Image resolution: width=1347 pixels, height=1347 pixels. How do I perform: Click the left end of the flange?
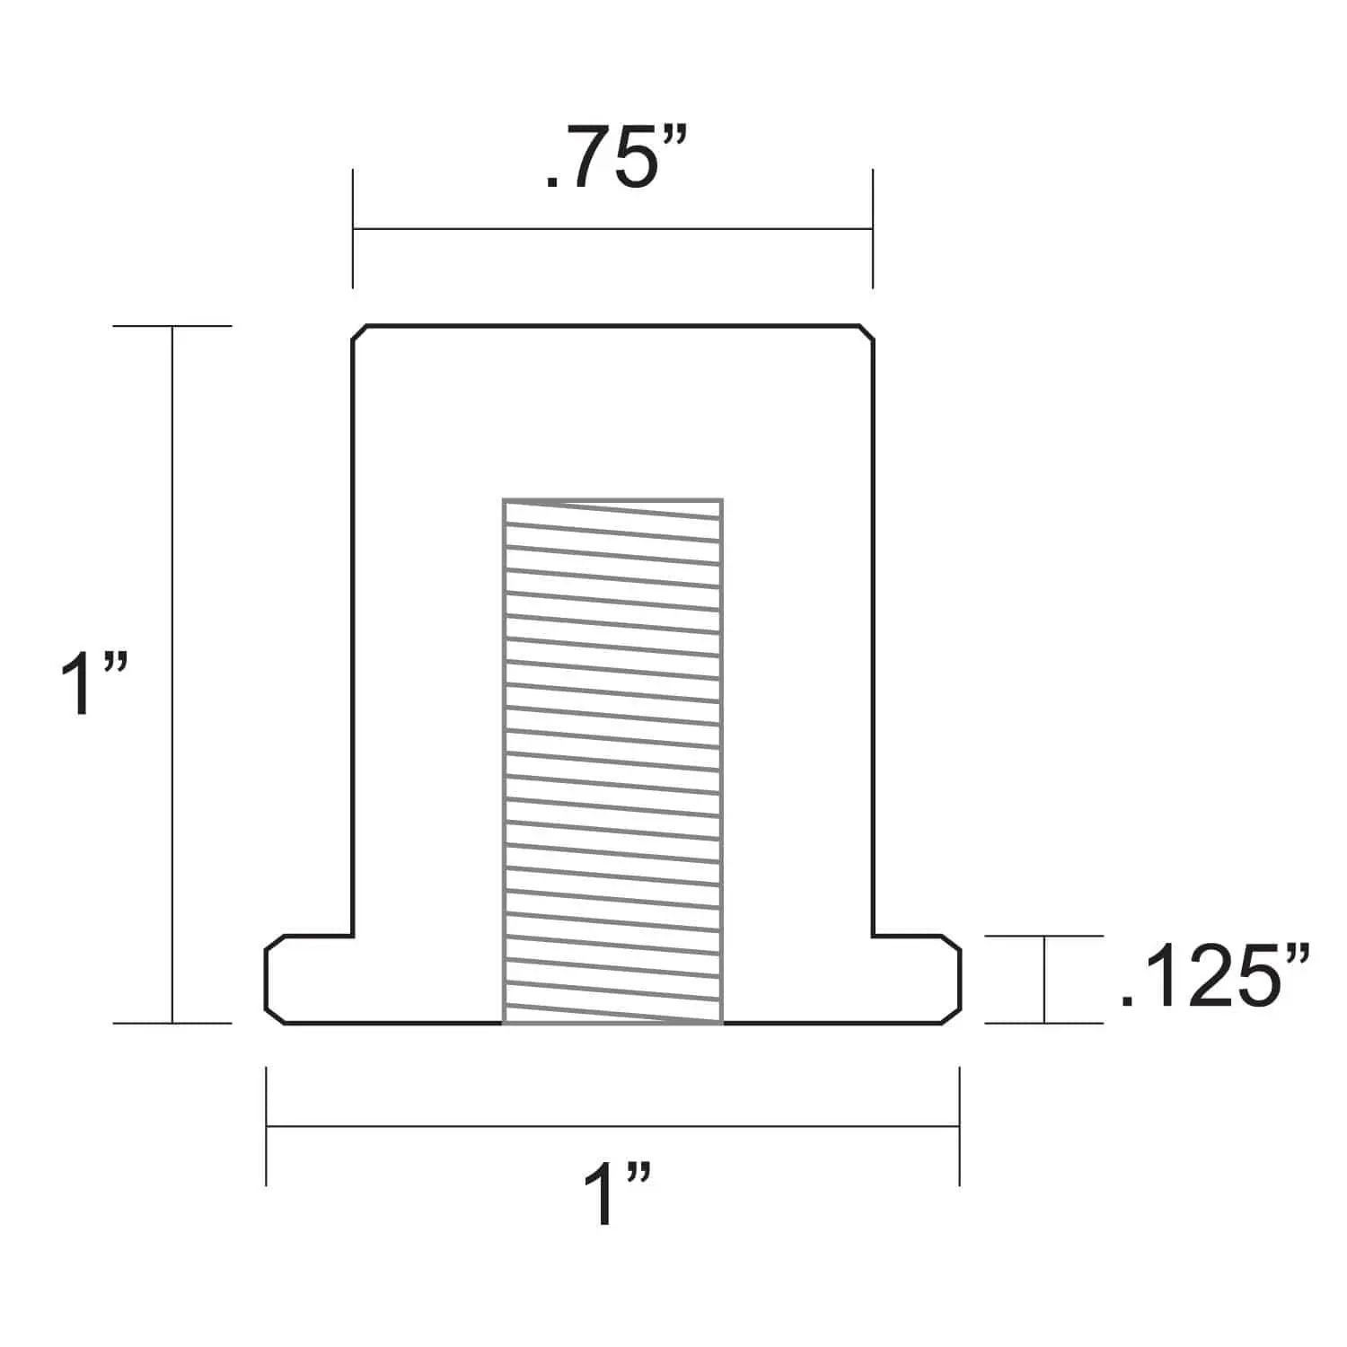coord(268,979)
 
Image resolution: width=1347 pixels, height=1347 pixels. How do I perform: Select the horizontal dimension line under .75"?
coord(612,229)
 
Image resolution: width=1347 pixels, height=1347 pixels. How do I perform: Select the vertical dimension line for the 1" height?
coord(172,673)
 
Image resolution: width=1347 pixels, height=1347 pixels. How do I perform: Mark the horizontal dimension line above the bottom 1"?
coord(612,1125)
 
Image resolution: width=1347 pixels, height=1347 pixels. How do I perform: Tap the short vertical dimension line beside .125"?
coord(1044,979)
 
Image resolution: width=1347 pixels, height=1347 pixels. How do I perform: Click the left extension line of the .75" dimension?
coord(353,229)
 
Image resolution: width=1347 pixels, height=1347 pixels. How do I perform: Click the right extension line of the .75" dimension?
coord(872,229)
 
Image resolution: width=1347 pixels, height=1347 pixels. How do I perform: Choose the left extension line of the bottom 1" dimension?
coord(266,1125)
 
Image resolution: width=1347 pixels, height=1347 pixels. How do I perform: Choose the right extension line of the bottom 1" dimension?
coord(959,1125)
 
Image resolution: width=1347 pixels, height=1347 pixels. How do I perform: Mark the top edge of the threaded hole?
coord(612,498)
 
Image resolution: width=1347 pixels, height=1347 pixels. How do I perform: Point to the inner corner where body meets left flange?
coord(352,936)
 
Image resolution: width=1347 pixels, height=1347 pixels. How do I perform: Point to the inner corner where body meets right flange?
coord(873,936)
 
